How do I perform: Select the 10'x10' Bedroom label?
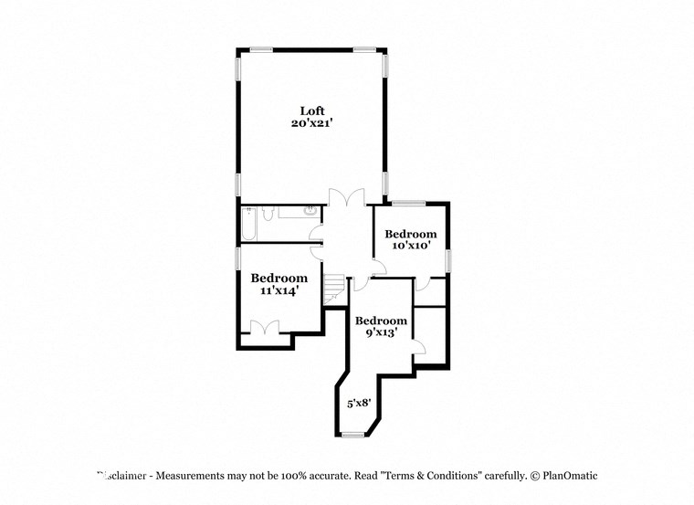click(x=410, y=234)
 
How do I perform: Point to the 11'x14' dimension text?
click(x=278, y=290)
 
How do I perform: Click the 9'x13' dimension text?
click(x=381, y=333)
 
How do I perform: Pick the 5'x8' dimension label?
click(x=359, y=401)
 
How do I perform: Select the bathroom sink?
click(x=310, y=212)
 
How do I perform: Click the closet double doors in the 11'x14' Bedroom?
click(x=266, y=328)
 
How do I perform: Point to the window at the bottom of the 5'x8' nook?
click(x=352, y=436)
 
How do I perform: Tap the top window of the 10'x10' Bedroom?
click(x=409, y=202)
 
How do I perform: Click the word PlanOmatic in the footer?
click(x=570, y=476)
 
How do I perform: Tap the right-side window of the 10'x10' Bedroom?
click(x=448, y=259)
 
